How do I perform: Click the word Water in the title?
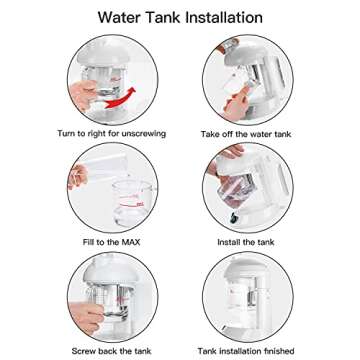[x=120, y=17]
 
